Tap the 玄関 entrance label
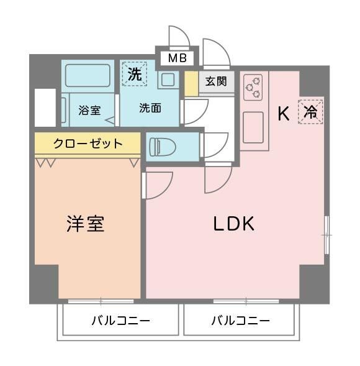pyautogui.click(x=216, y=81)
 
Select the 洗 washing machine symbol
pyautogui.click(x=134, y=73)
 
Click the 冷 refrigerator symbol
pyautogui.click(x=310, y=112)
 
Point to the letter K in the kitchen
pyautogui.click(x=283, y=114)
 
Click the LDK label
pyautogui.click(x=234, y=224)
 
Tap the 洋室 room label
pyautogui.click(x=85, y=224)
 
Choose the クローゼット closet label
pyautogui.click(x=88, y=144)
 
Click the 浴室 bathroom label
pyautogui.click(x=89, y=111)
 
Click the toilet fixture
pyautogui.click(x=163, y=147)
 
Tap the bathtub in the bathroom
pyautogui.click(x=88, y=75)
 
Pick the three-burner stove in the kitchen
pyautogui.click(x=252, y=88)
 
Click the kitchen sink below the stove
pyautogui.click(x=253, y=127)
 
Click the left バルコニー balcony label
pyautogui.click(x=120, y=321)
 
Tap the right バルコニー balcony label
pyautogui.click(x=240, y=321)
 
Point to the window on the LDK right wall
pyautogui.click(x=326, y=235)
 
